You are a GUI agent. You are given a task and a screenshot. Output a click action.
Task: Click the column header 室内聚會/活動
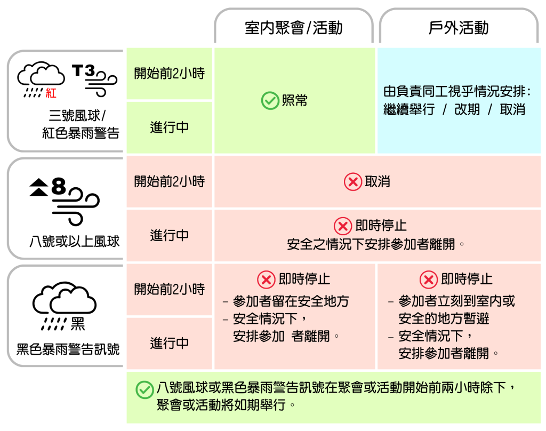pos(293,28)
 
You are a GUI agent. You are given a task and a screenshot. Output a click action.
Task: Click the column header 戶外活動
pos(459,28)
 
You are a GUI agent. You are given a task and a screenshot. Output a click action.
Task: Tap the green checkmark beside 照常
pos(270,100)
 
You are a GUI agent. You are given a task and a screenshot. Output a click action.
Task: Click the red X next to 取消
pos(352,182)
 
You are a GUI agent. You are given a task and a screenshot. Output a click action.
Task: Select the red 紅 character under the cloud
pos(51,93)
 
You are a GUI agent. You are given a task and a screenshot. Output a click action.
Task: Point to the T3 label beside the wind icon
pos(83,70)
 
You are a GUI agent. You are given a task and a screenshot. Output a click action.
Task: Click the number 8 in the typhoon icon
pos(59,187)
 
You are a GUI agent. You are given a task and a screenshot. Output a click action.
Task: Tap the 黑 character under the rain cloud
pos(78,323)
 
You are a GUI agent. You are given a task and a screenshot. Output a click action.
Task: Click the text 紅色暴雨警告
pos(81,133)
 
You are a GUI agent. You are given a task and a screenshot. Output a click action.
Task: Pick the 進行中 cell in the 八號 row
pos(169,235)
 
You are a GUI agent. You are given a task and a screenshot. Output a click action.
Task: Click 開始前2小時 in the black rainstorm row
pos(169,289)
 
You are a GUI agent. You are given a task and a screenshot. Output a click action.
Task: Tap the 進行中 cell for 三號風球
pos(169,127)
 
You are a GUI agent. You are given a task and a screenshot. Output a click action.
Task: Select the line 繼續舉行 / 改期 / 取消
pos(454,109)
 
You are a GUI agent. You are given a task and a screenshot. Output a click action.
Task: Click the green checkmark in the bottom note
pos(144,390)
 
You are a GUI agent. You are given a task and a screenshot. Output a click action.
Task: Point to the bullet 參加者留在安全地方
pos(291,301)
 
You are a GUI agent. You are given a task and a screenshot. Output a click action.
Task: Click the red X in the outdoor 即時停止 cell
pos(429,280)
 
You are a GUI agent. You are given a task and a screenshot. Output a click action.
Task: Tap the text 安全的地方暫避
pos(444,319)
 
